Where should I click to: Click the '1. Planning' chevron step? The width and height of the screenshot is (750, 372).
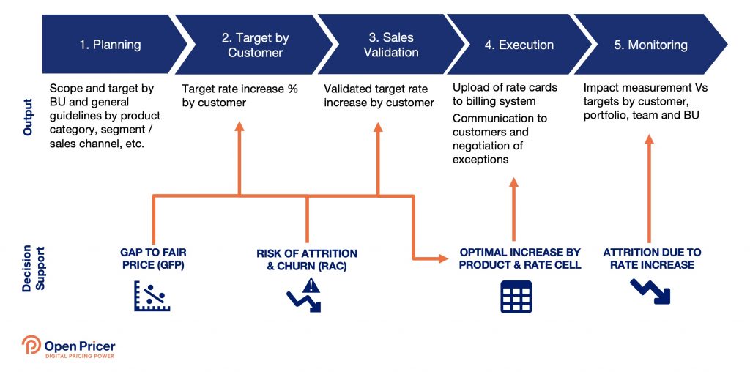(110, 45)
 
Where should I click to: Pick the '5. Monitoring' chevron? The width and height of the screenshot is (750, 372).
(650, 45)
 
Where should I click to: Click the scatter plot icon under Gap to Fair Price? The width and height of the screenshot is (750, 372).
(152, 296)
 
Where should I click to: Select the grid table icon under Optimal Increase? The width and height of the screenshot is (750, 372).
(516, 296)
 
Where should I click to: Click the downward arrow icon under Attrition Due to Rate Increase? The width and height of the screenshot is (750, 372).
(650, 291)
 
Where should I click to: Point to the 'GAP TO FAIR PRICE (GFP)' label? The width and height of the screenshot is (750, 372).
(154, 258)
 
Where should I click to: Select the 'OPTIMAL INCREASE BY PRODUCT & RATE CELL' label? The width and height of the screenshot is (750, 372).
(520, 258)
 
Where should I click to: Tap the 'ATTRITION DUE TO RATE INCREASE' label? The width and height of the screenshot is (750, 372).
(652, 258)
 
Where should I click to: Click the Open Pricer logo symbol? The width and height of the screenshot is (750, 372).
(31, 346)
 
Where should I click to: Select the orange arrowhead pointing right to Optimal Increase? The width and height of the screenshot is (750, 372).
(442, 258)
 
